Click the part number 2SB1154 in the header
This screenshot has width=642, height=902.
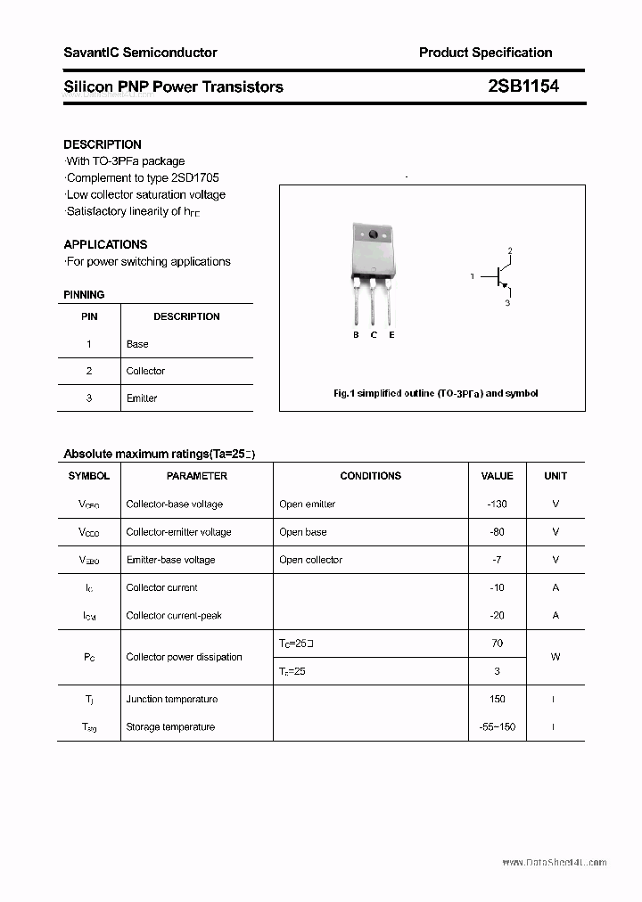[x=523, y=86]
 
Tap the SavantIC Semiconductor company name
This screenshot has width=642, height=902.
[x=140, y=53]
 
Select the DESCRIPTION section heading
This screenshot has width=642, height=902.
[x=103, y=144]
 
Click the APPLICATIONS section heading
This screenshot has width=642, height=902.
[x=105, y=244]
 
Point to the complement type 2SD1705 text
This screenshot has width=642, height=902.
[x=143, y=177]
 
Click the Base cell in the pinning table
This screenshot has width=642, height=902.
[x=137, y=344]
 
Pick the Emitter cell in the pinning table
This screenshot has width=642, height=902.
[x=142, y=398]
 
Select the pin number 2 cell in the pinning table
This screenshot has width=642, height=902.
[x=89, y=371]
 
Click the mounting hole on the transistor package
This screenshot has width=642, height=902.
[x=373, y=236]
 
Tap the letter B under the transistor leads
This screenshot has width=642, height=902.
[x=356, y=335]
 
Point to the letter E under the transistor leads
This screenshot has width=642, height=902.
[x=391, y=335]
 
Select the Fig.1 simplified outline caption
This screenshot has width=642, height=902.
[x=435, y=393]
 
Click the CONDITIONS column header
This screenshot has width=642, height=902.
[x=371, y=476]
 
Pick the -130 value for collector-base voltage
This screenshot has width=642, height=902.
[x=498, y=504]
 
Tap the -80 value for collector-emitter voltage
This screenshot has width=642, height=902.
[x=498, y=532]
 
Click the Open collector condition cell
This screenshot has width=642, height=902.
[x=310, y=560]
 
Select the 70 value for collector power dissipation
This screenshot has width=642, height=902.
[x=498, y=643]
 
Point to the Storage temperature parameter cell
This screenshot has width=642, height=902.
[x=170, y=727]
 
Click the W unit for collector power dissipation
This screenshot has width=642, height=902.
[x=556, y=657]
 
